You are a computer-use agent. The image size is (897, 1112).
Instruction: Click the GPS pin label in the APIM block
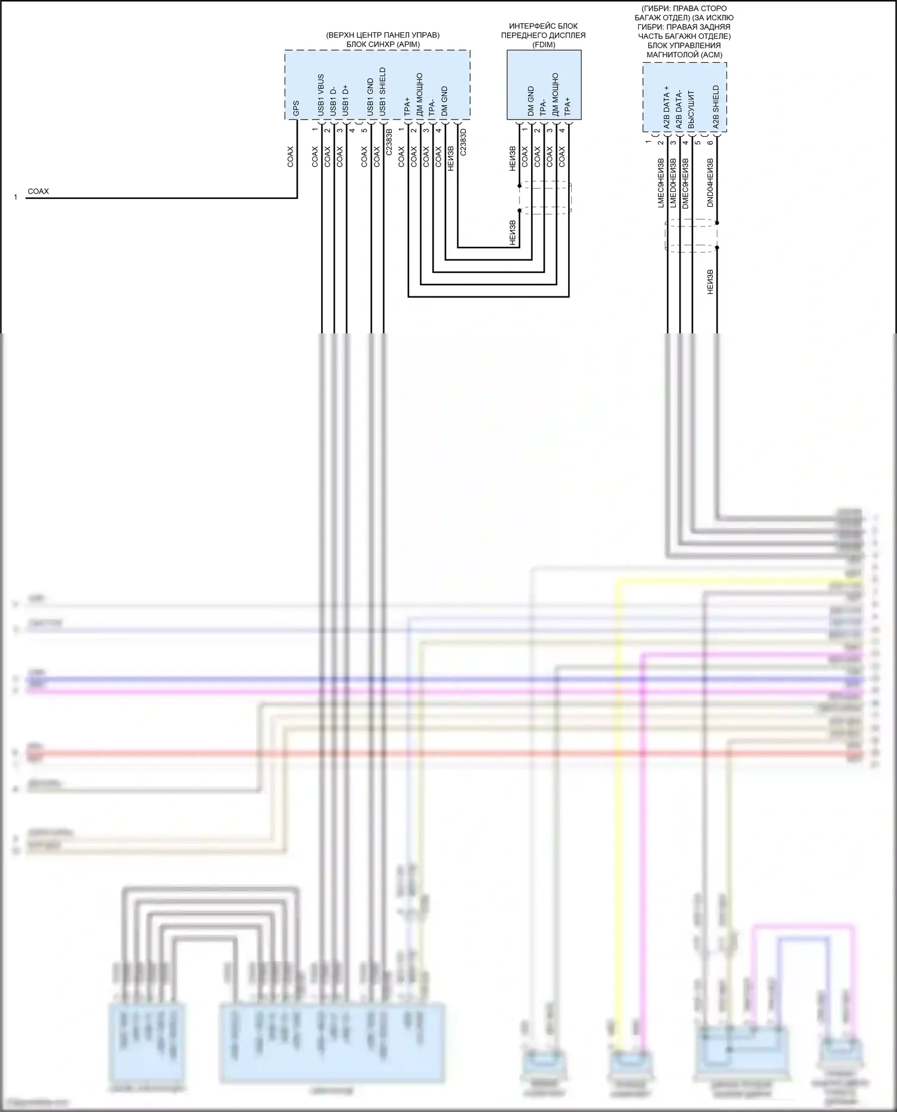pos(296,108)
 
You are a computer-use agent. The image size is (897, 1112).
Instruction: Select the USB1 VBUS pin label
pos(321,96)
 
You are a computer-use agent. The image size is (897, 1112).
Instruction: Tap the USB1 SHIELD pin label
pos(383,92)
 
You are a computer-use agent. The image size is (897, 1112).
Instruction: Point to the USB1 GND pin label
pos(370,97)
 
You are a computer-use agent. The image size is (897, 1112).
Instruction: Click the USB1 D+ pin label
pos(346,100)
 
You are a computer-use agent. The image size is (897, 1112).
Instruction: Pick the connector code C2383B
pos(389,142)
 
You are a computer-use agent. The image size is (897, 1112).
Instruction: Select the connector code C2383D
pos(463,142)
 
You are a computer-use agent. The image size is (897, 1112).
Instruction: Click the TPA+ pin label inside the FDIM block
pos(568,106)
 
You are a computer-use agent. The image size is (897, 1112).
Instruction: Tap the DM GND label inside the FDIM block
pos(530,102)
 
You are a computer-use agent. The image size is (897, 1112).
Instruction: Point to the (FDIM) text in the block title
pos(544,45)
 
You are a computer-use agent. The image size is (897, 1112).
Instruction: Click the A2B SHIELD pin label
pos(716,108)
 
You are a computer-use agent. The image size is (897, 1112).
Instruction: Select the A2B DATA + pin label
pos(667,108)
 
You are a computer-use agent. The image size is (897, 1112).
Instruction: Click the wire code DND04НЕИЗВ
pos(710,182)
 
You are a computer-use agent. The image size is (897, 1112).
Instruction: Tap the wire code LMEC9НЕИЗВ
pos(661,182)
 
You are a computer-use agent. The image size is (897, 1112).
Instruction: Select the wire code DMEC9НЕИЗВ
pos(685,182)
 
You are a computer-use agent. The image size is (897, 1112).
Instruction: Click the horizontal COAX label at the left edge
pos(38,192)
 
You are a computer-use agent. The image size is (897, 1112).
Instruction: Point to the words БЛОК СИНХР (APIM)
pos(383,45)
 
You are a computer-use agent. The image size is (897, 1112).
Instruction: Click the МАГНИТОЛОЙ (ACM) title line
pos(684,55)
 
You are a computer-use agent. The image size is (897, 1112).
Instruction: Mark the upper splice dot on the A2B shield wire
pos(717,223)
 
